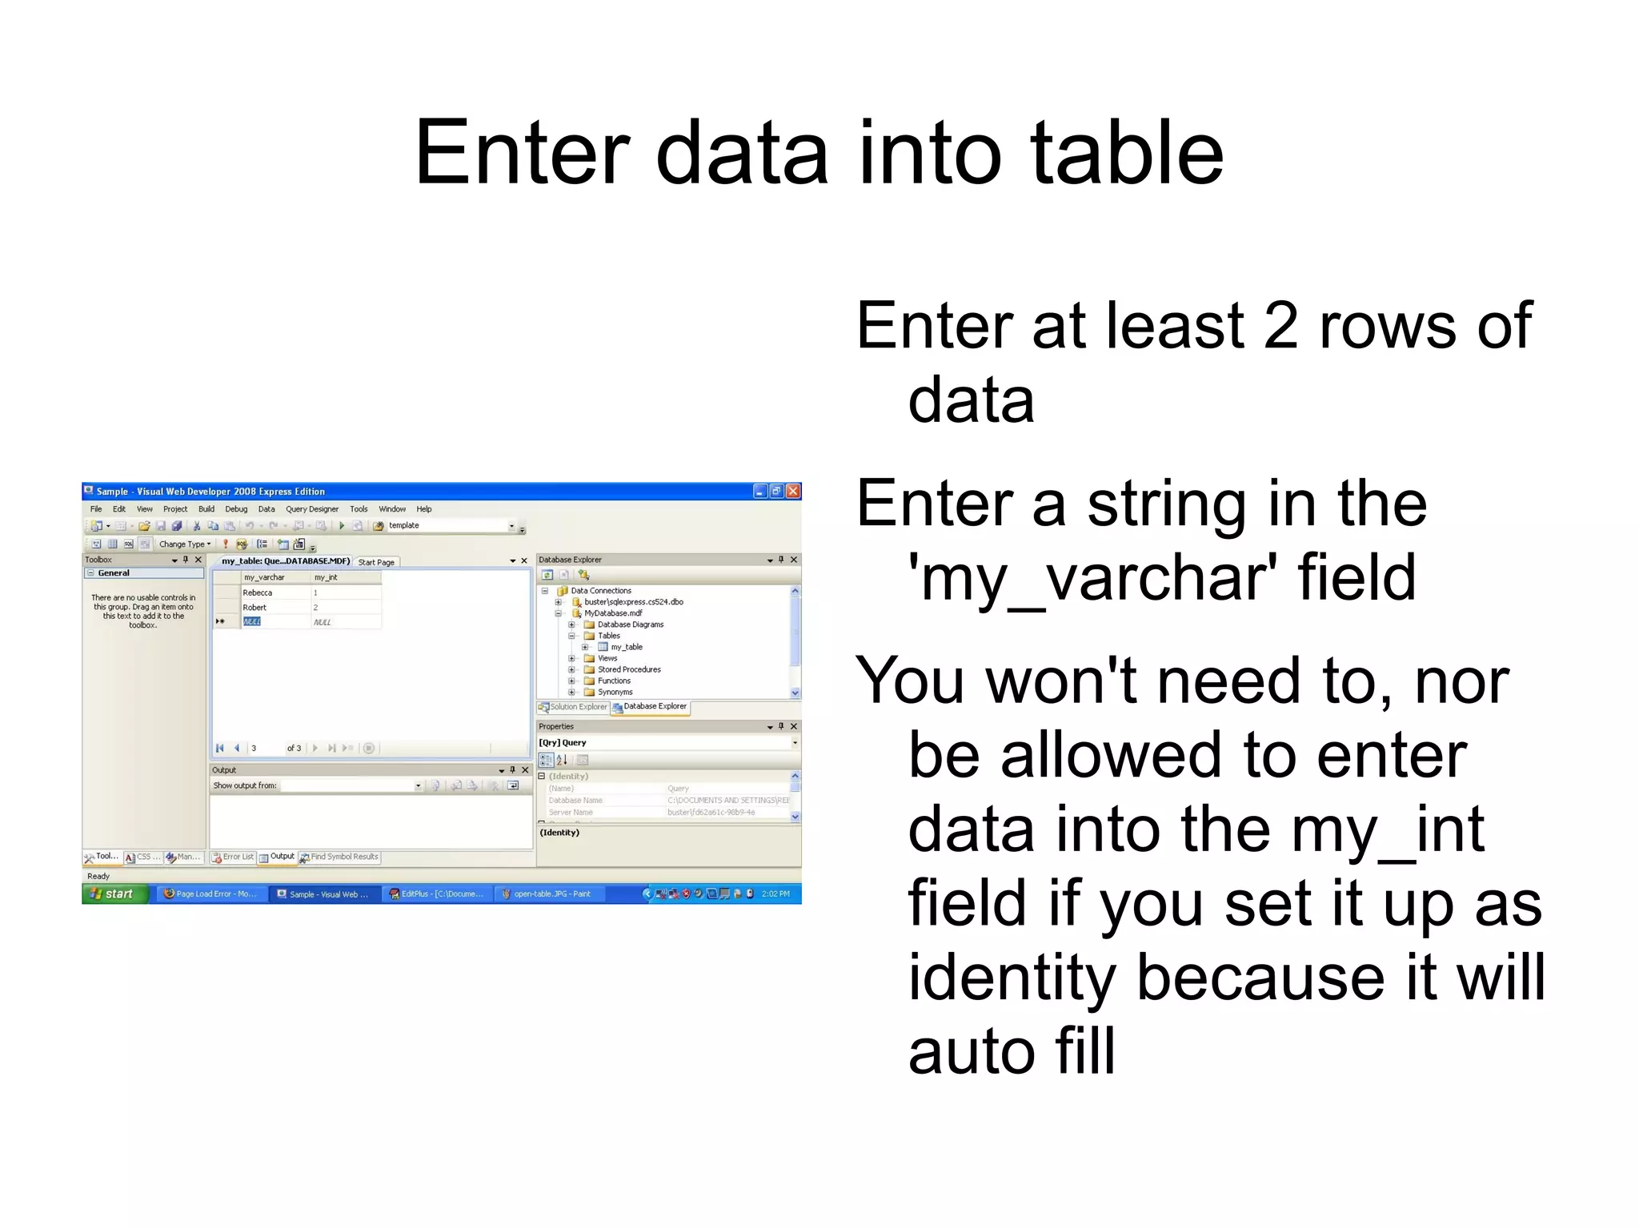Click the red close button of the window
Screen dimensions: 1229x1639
[793, 491]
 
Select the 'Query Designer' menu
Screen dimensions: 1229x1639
[312, 509]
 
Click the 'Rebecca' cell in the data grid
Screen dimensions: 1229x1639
[258, 593]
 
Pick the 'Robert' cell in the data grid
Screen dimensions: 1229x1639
[254, 608]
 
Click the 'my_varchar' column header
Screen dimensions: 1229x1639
[264, 577]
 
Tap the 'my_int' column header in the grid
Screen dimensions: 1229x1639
[326, 577]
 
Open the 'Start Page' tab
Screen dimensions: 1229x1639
[376, 562]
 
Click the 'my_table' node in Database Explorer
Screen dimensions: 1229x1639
[627, 647]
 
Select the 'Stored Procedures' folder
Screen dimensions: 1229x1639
[629, 669]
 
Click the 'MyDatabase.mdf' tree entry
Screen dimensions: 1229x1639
[613, 613]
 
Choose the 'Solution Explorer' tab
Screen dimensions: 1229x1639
[573, 707]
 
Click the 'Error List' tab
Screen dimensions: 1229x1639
[233, 857]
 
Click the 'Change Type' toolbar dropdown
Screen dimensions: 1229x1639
[185, 544]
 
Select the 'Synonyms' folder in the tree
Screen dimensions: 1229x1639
[615, 692]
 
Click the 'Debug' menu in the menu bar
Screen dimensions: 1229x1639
[236, 509]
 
